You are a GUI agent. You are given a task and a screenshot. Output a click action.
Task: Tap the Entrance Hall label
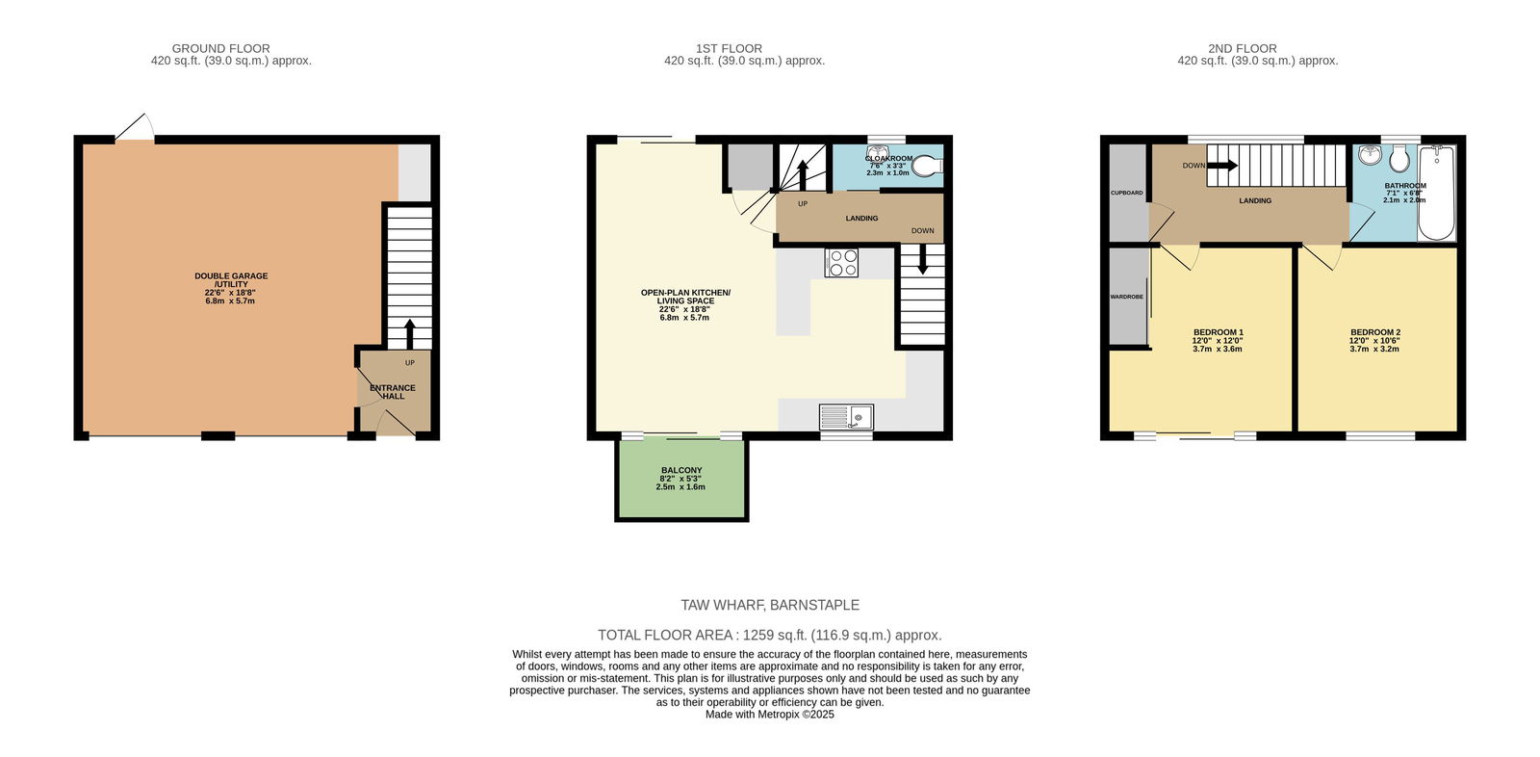(x=393, y=392)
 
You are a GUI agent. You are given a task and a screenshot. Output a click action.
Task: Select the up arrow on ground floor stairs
(x=410, y=334)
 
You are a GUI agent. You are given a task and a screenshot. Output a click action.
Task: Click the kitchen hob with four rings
(x=841, y=262)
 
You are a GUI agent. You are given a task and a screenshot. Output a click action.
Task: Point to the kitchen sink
(x=846, y=417)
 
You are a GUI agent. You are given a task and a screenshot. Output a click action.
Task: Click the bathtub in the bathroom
(x=1437, y=193)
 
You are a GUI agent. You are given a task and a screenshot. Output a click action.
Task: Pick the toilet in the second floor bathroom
(x=1399, y=159)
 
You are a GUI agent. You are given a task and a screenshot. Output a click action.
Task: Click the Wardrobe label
(x=1127, y=297)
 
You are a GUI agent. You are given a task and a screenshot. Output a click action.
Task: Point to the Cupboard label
(x=1127, y=193)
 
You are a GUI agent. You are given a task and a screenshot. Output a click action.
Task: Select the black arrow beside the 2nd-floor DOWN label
(x=1222, y=165)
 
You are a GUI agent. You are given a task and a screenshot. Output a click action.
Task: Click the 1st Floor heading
(x=729, y=49)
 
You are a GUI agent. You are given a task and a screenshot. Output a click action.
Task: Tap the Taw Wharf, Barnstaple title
(x=770, y=605)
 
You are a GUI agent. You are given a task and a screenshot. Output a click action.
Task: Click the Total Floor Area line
(x=770, y=636)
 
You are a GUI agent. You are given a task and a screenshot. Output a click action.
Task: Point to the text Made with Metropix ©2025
(x=770, y=715)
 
